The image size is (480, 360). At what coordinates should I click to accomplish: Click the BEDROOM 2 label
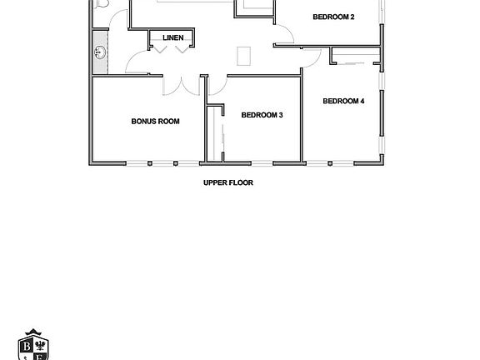coord(334,17)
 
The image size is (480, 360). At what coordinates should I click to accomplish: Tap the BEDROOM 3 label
coord(262,115)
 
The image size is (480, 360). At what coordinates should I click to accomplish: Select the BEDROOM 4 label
coord(344,101)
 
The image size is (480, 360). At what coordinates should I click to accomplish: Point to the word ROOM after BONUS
coord(170,121)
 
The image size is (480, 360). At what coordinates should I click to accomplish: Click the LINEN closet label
coord(172,37)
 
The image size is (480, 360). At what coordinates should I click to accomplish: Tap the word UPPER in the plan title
coord(215,182)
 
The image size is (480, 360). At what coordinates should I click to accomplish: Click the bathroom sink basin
coord(100,52)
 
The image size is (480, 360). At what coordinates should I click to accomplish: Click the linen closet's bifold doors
coord(173,49)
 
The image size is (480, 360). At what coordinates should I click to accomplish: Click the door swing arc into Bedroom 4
coord(312,57)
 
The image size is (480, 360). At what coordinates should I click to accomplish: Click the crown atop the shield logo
coord(35,332)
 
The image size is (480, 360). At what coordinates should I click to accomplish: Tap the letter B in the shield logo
coord(27,346)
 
